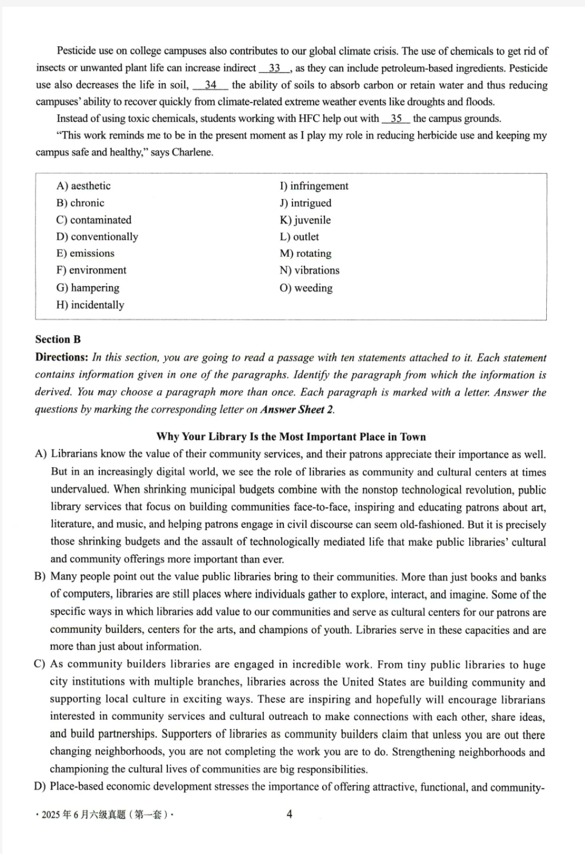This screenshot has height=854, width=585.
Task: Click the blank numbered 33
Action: click(x=275, y=68)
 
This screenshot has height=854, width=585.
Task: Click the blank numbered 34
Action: click(x=210, y=85)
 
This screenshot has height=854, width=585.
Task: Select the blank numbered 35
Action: click(x=396, y=119)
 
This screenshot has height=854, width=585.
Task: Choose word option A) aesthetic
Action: click(x=83, y=186)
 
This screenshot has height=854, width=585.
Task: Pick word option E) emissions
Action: click(x=85, y=253)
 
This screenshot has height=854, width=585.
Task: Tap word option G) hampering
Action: click(x=87, y=288)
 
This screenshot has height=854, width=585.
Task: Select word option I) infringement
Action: click(x=314, y=186)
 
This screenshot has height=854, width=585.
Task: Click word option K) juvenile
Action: click(x=305, y=220)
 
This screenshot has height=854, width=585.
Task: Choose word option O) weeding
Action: click(x=306, y=288)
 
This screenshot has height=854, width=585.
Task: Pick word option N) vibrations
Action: click(x=309, y=271)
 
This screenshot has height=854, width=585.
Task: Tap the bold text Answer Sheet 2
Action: click(x=297, y=410)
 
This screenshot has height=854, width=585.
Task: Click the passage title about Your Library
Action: click(x=291, y=437)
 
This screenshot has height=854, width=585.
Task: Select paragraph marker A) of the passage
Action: click(x=41, y=455)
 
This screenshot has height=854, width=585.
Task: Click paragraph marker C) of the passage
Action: click(x=40, y=664)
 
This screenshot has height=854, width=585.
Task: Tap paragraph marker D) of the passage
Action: click(x=40, y=787)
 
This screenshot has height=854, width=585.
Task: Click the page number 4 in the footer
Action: click(x=289, y=814)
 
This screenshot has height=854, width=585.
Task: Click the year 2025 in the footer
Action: click(x=51, y=815)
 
